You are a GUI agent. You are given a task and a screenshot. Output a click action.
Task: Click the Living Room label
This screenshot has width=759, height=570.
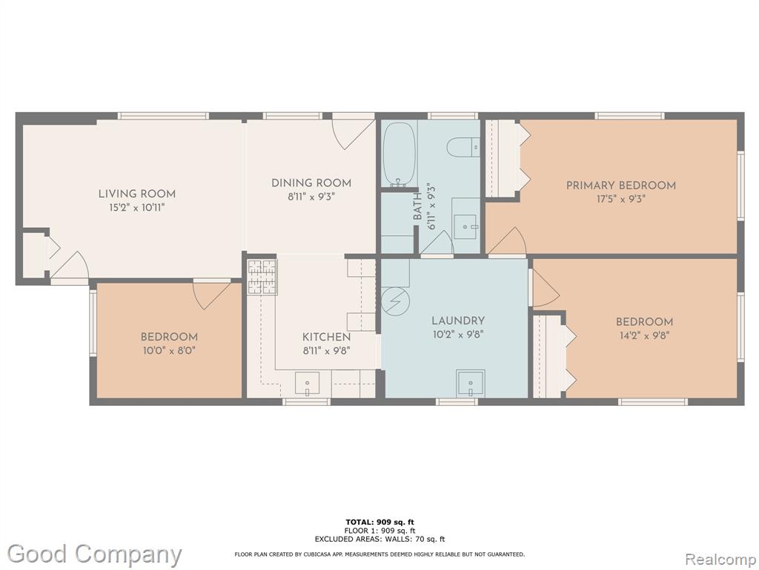click(x=137, y=194)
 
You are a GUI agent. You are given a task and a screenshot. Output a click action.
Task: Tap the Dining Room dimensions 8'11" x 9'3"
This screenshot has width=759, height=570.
click(x=311, y=197)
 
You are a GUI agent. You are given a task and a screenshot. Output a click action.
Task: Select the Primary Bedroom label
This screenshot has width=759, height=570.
click(x=621, y=185)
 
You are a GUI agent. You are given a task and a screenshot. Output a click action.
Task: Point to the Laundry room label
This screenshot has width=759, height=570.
click(x=458, y=321)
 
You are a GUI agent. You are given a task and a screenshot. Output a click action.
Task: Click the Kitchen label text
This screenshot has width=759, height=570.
click(x=326, y=337)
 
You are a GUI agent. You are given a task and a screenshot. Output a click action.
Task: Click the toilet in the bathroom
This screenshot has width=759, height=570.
click(x=463, y=147)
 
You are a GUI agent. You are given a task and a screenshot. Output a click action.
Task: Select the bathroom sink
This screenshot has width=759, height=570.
click(x=466, y=226)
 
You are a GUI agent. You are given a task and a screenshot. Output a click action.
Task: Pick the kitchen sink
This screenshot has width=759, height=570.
click(x=307, y=384)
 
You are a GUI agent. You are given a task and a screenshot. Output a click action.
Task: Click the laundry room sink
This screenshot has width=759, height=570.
click(x=471, y=383)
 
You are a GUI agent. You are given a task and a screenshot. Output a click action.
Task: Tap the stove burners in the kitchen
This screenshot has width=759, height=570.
click(x=262, y=277)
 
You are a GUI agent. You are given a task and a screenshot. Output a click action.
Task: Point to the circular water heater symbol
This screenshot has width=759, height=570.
click(x=396, y=301)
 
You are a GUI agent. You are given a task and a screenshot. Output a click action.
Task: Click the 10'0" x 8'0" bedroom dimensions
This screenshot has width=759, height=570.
click(x=169, y=350)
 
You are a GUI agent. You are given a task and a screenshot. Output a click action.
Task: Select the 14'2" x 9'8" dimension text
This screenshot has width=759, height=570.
click(x=644, y=335)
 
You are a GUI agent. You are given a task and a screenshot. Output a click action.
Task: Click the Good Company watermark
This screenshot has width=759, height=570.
click(x=94, y=554)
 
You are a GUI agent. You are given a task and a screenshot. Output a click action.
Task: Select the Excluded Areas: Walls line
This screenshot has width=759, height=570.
click(x=379, y=539)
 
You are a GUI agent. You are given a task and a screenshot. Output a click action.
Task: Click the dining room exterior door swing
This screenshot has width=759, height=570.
click(x=353, y=131)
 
